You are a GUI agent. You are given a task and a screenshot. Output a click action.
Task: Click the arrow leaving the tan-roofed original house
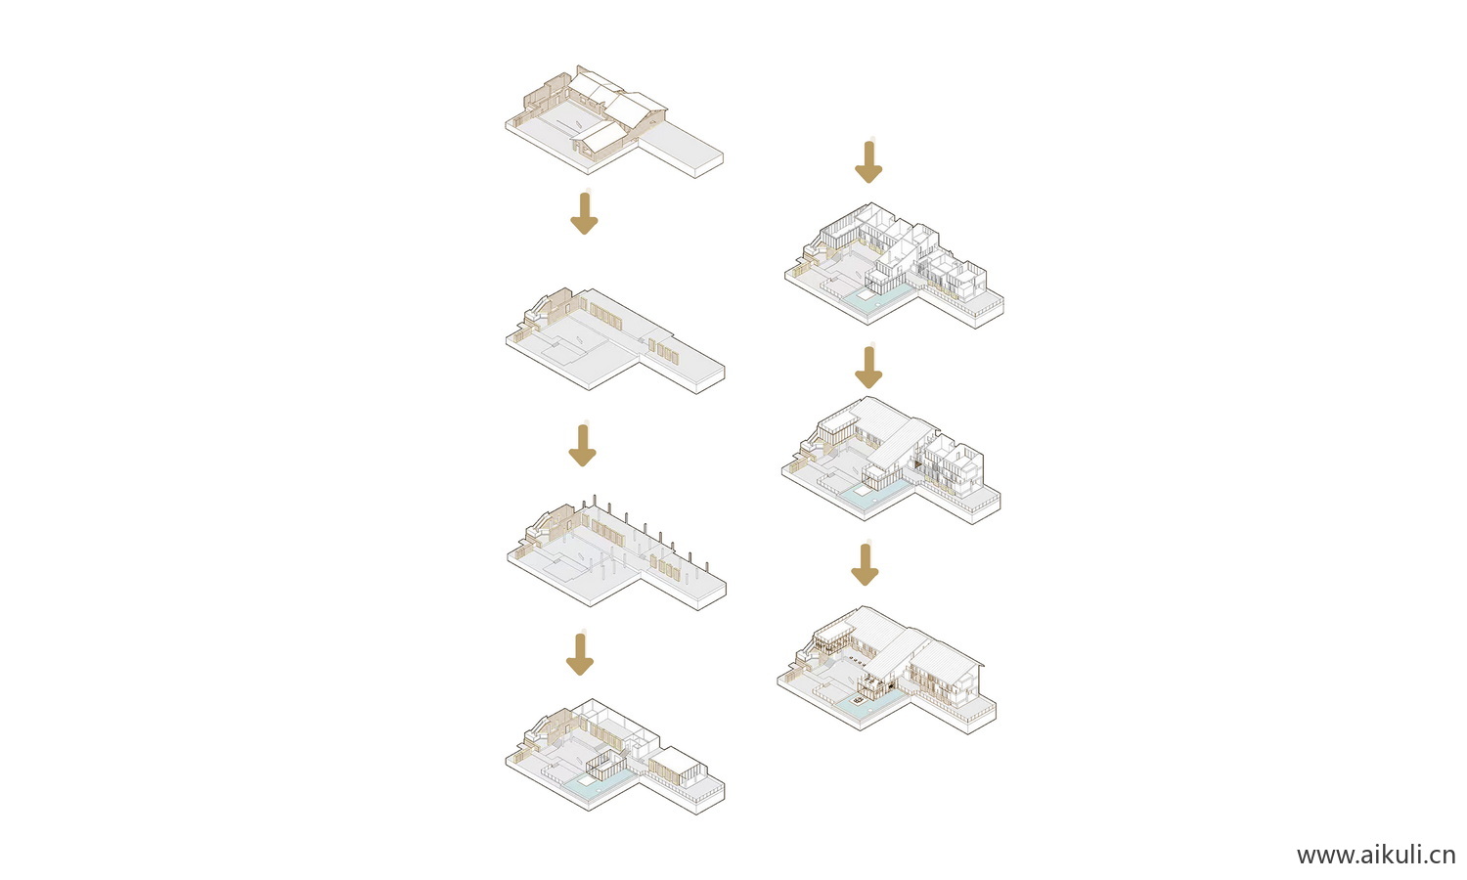click(x=584, y=213)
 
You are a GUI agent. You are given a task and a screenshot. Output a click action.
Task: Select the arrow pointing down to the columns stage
click(x=582, y=445)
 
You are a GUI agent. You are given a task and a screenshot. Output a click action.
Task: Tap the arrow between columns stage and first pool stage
click(x=580, y=653)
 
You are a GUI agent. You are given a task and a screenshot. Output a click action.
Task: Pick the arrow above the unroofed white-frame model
click(x=868, y=161)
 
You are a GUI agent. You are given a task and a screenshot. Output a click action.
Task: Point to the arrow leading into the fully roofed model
click(x=865, y=564)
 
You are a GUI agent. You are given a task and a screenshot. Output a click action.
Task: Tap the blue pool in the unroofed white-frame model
click(x=875, y=298)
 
